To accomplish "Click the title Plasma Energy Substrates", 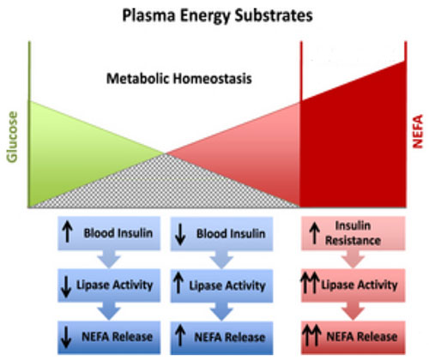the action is [x=217, y=15].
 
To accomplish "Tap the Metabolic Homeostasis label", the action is [x=179, y=79].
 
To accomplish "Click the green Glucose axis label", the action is [x=12, y=137].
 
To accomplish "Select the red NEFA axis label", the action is [x=418, y=131].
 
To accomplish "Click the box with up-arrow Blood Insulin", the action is [x=109, y=233].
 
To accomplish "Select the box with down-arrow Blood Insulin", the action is [x=221, y=234].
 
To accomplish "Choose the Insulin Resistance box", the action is [x=353, y=233].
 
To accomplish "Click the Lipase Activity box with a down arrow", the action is [x=109, y=285].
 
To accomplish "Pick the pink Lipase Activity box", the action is [x=353, y=285].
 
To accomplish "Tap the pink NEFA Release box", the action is [x=353, y=337].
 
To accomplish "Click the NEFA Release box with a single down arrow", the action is [x=109, y=337].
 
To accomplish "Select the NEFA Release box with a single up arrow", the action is [x=221, y=338].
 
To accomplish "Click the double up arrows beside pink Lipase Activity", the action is [x=310, y=283].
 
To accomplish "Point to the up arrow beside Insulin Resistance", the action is [x=315, y=233].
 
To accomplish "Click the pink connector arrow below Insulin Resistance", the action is [x=353, y=259].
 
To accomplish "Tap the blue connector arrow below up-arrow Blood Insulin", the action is [x=109, y=259].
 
